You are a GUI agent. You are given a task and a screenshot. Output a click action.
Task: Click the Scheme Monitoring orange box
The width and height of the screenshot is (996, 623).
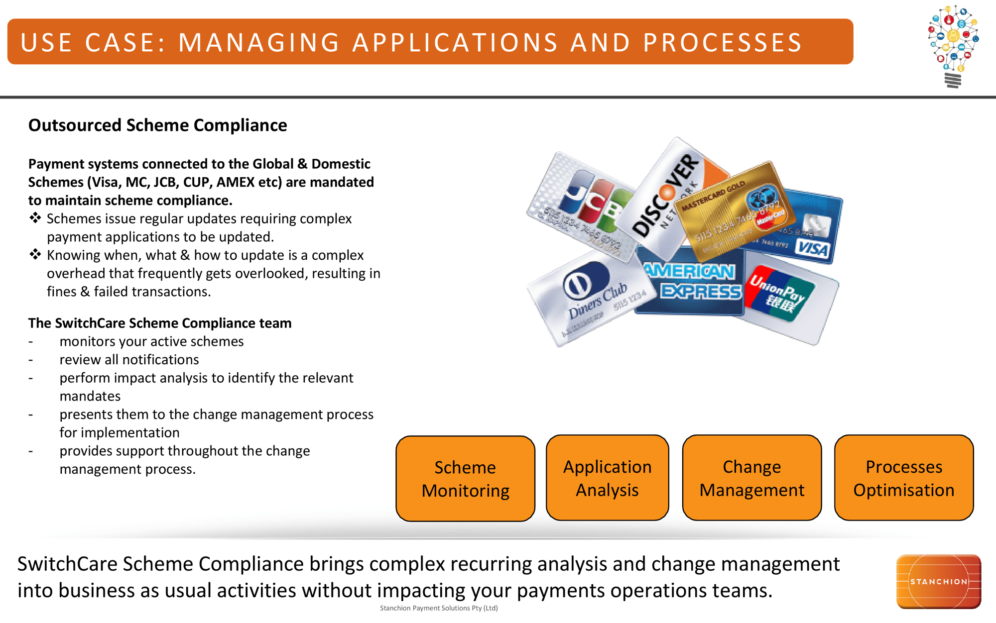465,479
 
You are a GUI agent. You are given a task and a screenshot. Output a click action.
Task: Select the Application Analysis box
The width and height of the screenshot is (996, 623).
607,478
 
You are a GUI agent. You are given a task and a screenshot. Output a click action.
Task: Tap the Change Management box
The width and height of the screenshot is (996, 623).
751,478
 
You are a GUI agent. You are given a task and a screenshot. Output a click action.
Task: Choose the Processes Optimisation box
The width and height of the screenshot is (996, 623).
903,478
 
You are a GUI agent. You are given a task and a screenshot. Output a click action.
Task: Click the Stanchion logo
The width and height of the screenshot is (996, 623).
938,581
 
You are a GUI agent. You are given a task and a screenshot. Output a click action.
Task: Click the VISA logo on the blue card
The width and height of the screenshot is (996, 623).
813,247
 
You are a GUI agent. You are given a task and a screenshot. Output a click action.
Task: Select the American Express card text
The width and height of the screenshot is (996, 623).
692,282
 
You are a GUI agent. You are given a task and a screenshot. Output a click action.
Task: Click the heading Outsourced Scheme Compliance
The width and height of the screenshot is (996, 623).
157,125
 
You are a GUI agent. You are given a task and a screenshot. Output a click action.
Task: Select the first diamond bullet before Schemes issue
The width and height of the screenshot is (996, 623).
35,218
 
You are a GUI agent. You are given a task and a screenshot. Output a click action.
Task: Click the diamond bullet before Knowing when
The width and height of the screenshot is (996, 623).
35,255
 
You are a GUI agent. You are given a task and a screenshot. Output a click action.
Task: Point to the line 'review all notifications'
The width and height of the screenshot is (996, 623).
129,359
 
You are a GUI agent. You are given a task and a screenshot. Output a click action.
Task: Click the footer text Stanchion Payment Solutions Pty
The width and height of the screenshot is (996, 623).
438,608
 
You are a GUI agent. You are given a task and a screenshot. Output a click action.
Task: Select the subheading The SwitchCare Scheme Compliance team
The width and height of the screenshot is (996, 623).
159,323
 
